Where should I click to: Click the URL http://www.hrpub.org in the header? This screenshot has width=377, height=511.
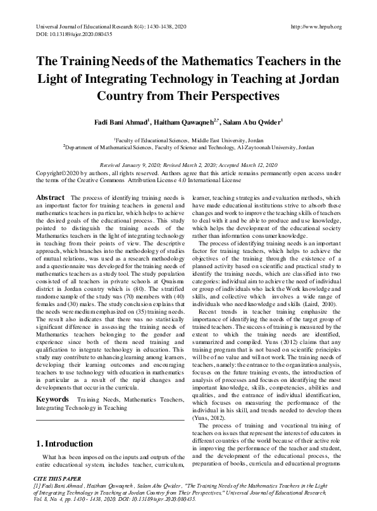pyautogui.click(x=315, y=27)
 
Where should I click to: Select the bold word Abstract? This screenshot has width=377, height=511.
pyautogui.click(x=50, y=197)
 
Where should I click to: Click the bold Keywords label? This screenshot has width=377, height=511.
pyautogui.click(x=52, y=382)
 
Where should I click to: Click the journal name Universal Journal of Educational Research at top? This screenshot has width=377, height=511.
pyautogui.click(x=96, y=27)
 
